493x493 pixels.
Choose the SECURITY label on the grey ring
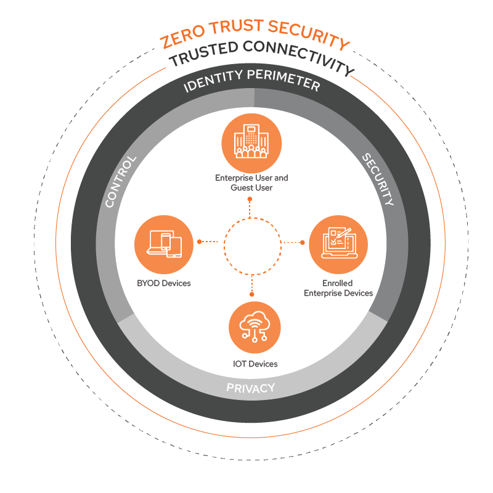377,179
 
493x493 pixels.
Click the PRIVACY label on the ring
250,388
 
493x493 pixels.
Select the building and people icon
251,143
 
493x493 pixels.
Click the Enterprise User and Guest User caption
251,182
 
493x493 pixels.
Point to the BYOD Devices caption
164,283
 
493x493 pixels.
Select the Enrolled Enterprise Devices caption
338,288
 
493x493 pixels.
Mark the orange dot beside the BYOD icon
198,242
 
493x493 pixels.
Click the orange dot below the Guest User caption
250,200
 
